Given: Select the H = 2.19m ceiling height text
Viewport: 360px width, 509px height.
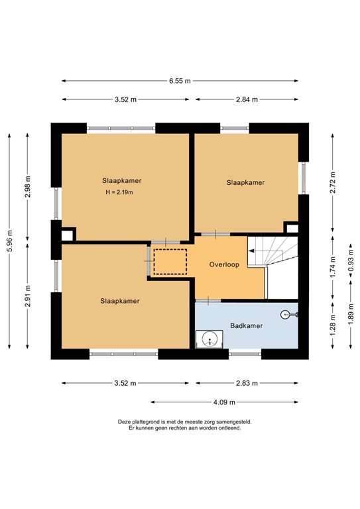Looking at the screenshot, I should click(119, 193).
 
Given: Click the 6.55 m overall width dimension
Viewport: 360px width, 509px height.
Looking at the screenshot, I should click(179, 81).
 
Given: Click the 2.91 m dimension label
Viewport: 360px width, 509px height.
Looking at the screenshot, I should click(27, 296).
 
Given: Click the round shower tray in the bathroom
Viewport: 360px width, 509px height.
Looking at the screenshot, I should click(210, 339).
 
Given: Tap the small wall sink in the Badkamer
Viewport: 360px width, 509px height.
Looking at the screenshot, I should click(286, 315).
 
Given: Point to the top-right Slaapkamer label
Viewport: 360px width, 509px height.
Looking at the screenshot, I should click(245, 182).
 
